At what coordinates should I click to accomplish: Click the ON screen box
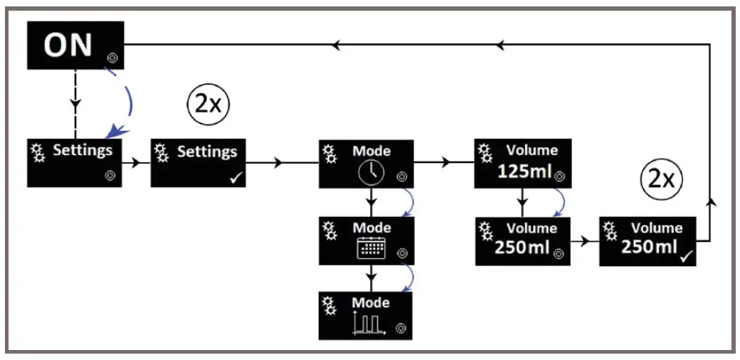point(75,45)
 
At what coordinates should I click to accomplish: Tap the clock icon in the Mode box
point(369,172)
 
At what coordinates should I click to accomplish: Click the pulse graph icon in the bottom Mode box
point(368,324)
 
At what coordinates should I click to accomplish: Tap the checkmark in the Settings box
point(234,178)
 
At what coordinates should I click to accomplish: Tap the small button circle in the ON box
point(112,57)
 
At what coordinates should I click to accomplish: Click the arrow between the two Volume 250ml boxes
point(585,241)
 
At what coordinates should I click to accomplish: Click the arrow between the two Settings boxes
point(136,163)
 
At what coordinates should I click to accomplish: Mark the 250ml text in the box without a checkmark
point(521,248)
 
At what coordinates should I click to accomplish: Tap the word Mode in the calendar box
point(372,228)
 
